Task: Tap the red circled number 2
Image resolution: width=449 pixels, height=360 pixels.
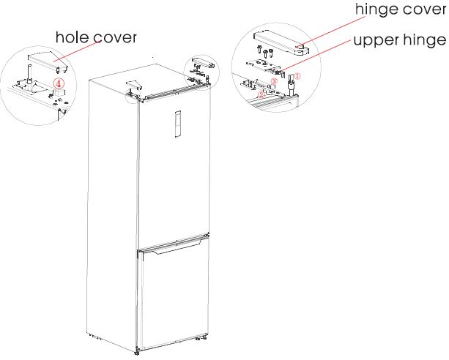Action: point(262,94)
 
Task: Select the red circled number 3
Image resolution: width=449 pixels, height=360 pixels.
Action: point(274,82)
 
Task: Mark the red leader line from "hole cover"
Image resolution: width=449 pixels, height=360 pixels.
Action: point(78,53)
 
